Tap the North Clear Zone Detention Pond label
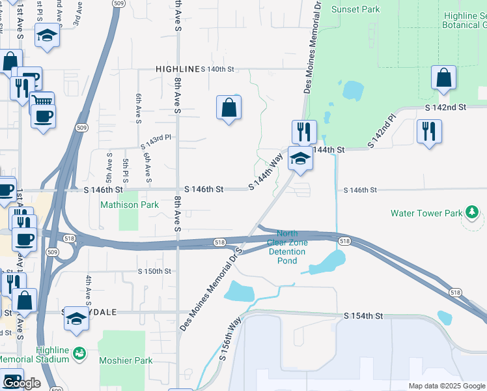287,247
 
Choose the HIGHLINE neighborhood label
176,69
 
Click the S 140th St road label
217,69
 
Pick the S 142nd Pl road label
382,132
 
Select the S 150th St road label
154,271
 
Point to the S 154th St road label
363,316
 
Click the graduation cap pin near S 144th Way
300,160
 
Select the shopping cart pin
42,102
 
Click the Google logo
21,383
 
